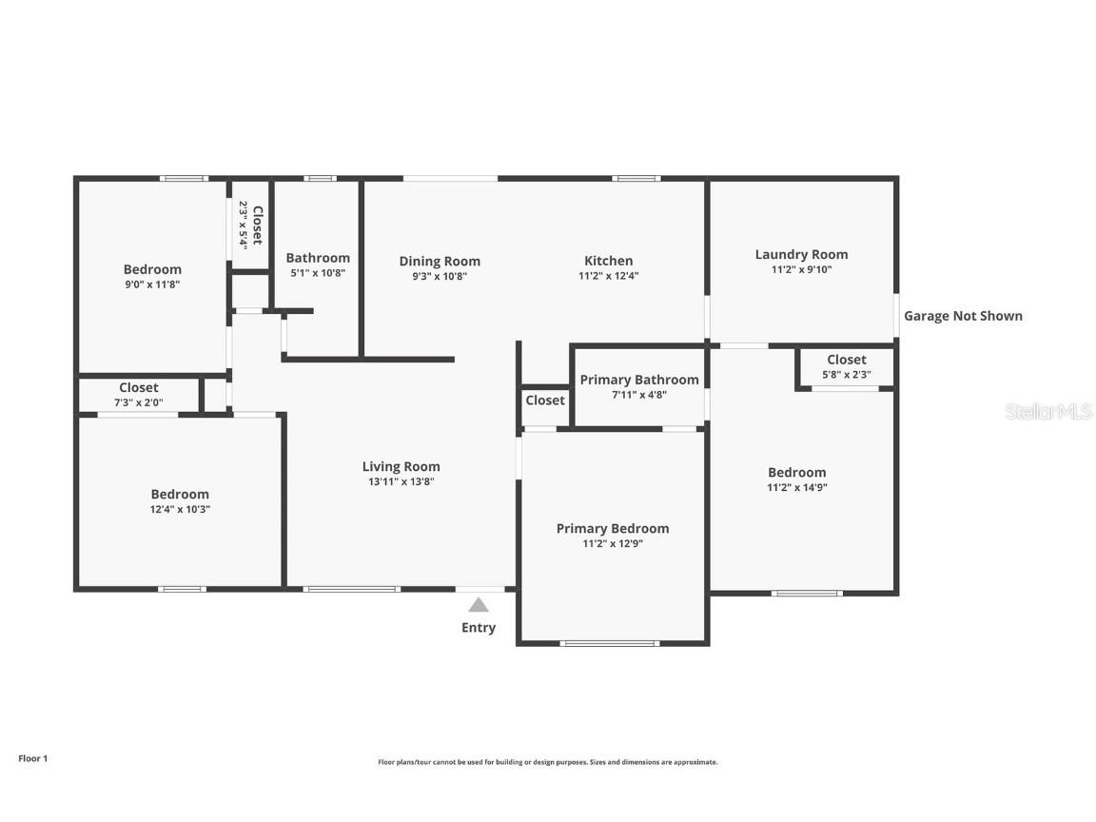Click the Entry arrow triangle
479,605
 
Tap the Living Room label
401,466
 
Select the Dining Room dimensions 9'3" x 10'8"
440,276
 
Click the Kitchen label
609,261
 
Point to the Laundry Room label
802,254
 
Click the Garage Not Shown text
963,316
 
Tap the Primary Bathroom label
639,380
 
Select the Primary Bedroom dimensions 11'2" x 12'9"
613,544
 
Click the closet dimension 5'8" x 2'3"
847,375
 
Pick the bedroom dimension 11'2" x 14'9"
797,487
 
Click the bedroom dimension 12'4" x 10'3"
181,510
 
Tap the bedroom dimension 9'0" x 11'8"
152,284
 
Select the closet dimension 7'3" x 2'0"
138,402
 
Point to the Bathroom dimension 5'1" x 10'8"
318,273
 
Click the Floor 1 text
33,758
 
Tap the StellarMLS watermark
1048,411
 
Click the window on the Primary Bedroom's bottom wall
610,643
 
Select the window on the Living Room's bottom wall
352,589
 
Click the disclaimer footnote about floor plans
548,763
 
